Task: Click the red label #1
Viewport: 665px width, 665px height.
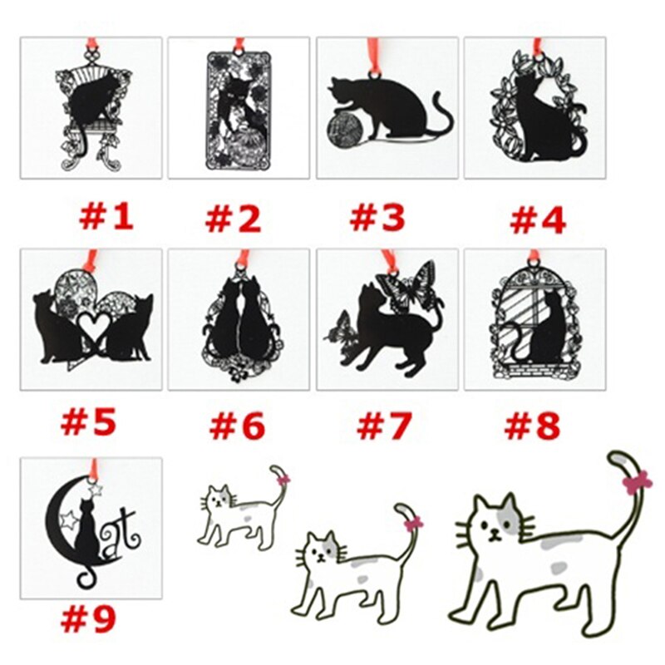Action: coord(106,217)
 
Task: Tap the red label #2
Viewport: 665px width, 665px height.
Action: coord(234,219)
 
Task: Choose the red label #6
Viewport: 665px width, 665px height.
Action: coord(237,426)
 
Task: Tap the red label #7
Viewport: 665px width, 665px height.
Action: coord(383,426)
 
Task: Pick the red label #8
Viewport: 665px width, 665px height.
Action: coord(532,426)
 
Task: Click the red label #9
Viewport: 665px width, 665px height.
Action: coord(88,618)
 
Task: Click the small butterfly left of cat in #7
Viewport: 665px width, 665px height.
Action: coord(342,327)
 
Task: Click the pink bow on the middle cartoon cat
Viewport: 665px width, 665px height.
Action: coord(412,523)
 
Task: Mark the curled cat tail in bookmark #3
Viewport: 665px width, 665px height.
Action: coord(441,116)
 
